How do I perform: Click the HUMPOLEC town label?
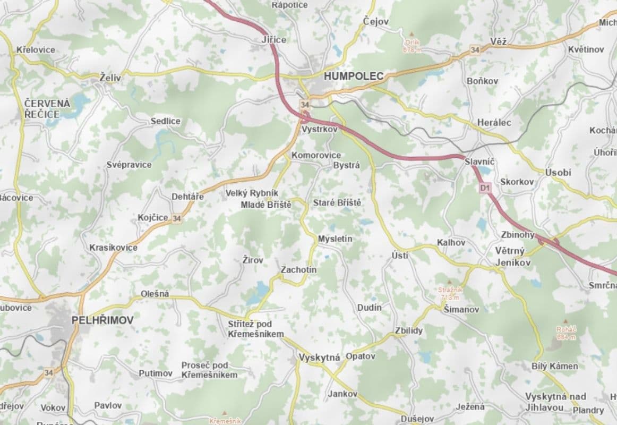click(353, 76)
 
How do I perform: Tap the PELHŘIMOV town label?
click(102, 320)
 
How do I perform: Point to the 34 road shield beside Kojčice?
click(177, 218)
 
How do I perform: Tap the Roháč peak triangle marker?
click(565, 322)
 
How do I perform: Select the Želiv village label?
click(110, 78)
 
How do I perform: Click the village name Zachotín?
click(298, 270)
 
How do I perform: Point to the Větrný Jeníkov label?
click(510, 257)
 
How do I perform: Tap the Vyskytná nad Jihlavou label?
click(555, 402)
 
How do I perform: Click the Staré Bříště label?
click(337, 203)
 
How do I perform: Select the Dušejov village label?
click(417, 418)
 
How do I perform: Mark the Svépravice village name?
click(128, 165)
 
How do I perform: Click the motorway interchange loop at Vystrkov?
click(305, 116)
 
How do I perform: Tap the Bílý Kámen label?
click(554, 366)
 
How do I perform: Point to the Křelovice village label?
click(36, 49)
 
